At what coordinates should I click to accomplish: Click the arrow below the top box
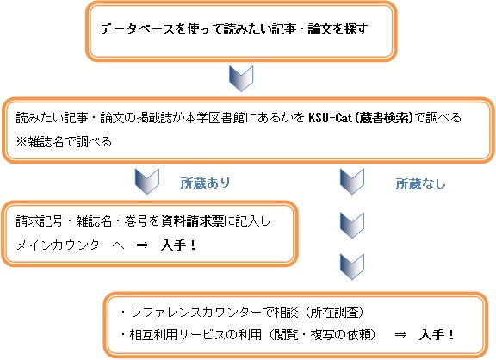(241, 78)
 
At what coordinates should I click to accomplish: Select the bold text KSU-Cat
(330, 118)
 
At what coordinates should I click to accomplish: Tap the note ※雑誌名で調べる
(64, 142)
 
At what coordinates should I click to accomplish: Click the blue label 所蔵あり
(205, 183)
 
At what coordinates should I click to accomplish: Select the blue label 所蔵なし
(420, 183)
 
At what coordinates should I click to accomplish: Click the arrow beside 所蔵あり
(147, 181)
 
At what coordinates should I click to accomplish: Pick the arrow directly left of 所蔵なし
(352, 181)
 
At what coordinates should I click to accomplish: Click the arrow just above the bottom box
(352, 267)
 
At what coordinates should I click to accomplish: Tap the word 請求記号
(40, 221)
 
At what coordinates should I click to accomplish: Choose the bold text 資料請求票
(193, 221)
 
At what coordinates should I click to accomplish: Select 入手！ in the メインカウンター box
(178, 245)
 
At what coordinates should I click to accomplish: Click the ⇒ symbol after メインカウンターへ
(142, 245)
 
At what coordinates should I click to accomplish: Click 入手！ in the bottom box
(437, 335)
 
